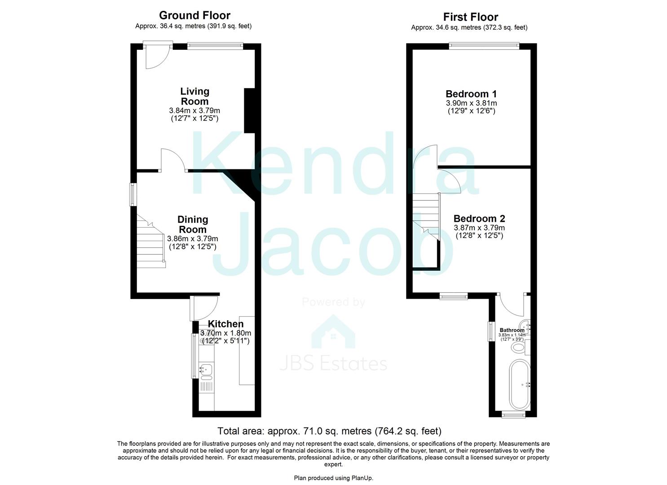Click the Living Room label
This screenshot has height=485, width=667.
click(194, 96)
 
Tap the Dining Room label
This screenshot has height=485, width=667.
click(193, 224)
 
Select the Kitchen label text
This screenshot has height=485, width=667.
click(225, 324)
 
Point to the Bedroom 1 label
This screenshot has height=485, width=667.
click(471, 94)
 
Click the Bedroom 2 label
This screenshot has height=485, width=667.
click(479, 219)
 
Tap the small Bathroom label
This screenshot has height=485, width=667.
click(512, 330)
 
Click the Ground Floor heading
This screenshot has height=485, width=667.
click(194, 16)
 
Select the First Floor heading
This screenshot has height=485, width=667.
click(470, 17)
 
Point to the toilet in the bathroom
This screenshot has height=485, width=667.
click(519, 347)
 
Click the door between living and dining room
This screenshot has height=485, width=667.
click(172, 160)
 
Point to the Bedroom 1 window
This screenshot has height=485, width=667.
click(484, 45)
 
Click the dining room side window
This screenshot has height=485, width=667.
click(133, 194)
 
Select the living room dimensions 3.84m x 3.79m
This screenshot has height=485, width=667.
click(194, 110)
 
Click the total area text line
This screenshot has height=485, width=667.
click(329, 431)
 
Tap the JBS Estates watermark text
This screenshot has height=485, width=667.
click(333, 363)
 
